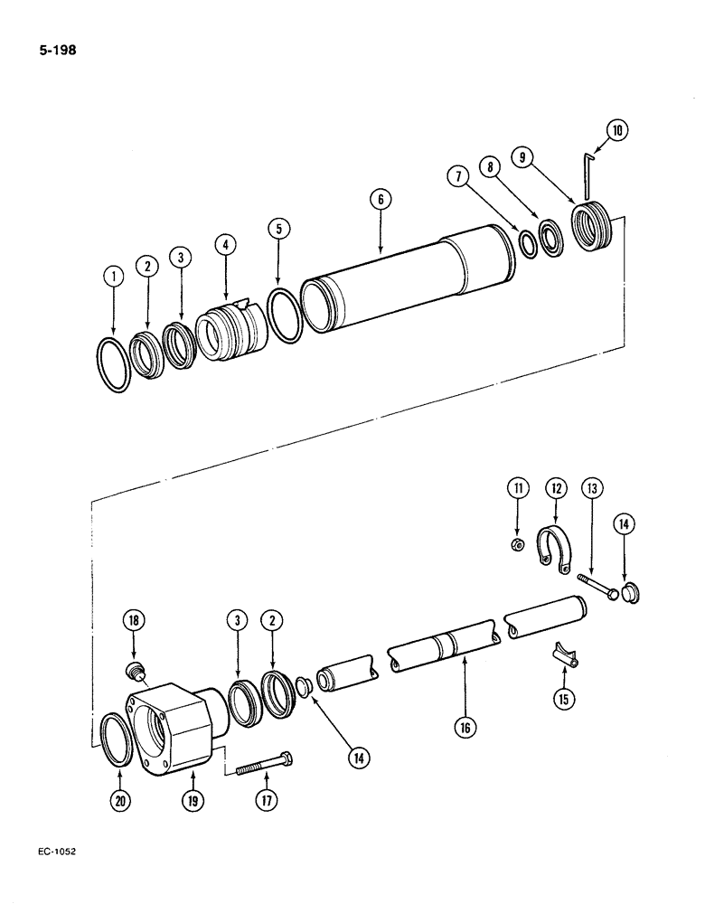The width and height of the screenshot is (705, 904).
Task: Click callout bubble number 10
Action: (616, 130)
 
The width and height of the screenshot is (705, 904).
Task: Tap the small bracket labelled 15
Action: (561, 655)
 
